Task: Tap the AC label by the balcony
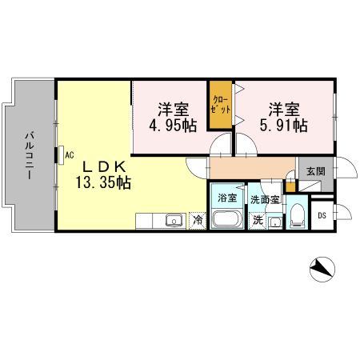click(70, 154)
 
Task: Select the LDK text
click(102, 166)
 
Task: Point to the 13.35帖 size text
click(102, 182)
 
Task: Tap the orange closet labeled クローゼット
click(219, 104)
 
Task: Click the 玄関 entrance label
click(314, 171)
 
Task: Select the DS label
click(322, 215)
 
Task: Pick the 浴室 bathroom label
click(227, 198)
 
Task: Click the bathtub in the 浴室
click(227, 220)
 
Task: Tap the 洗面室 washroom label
click(263, 198)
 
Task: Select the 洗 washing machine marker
click(258, 220)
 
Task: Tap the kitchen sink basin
click(171, 220)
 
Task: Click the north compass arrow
click(322, 269)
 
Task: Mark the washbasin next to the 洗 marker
click(274, 222)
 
